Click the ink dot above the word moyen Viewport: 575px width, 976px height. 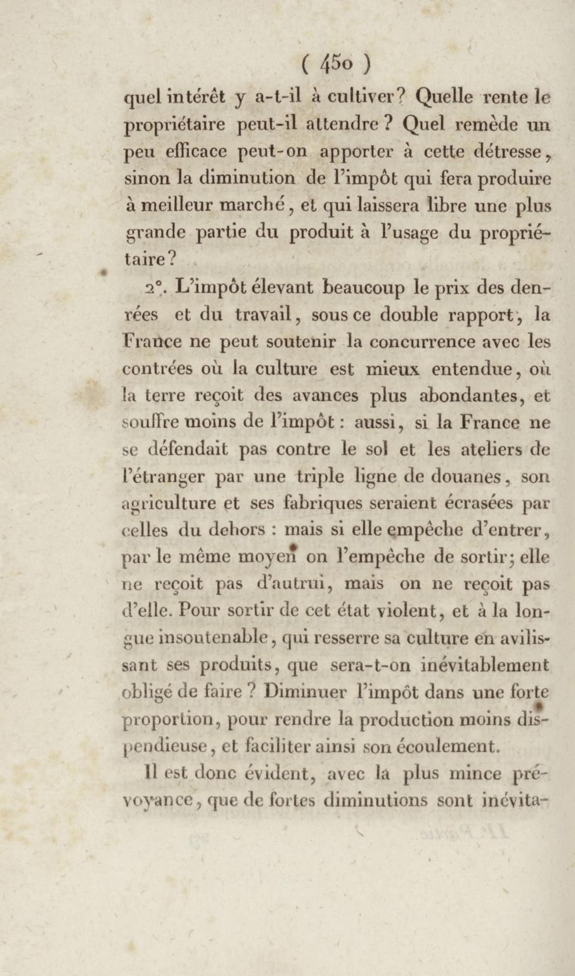[293, 547]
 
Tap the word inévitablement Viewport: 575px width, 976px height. [484, 665]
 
